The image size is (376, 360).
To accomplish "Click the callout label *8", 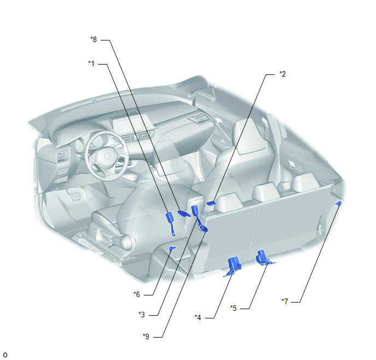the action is pos(93,39).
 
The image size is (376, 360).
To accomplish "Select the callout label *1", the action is pos(91,63).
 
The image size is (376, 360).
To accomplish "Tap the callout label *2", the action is pos(283,74).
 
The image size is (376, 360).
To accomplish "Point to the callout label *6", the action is pos(137,294).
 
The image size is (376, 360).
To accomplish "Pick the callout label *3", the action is pos(142,315).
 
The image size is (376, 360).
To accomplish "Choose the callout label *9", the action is pos(146,336).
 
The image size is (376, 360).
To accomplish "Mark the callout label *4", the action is pos(198,317).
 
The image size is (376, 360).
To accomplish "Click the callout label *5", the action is pos(233,308).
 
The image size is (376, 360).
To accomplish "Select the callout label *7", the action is pos(285,301).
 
